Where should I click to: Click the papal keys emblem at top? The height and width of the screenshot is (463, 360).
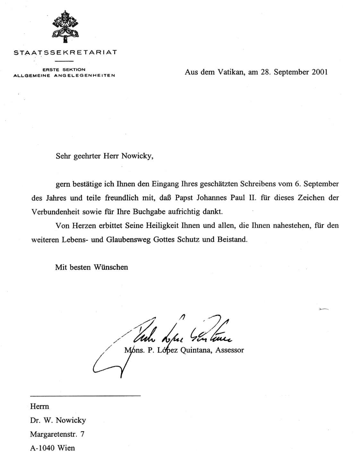[65, 27]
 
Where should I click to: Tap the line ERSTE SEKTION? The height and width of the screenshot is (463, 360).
[64, 70]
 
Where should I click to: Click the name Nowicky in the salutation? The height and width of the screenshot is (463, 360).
[136, 156]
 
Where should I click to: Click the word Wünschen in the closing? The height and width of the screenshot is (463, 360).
[111, 267]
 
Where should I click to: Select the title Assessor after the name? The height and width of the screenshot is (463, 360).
[230, 350]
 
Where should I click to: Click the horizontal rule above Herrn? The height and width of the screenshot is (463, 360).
[85, 396]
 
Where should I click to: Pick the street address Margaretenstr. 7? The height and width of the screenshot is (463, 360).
[57, 434]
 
